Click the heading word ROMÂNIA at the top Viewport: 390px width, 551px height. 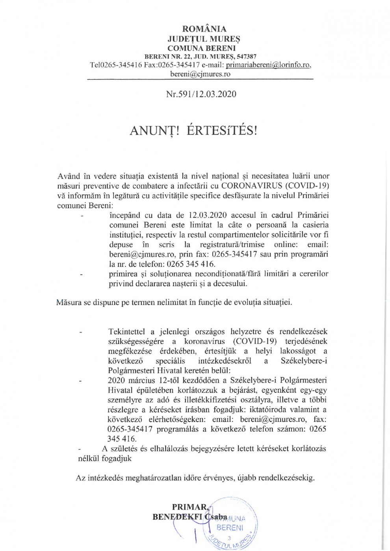click(204, 29)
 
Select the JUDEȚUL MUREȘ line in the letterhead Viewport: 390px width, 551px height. click(204, 39)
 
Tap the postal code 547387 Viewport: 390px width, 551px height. click(244, 57)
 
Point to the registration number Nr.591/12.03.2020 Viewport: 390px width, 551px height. click(201, 94)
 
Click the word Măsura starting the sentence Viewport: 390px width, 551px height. click(69, 303)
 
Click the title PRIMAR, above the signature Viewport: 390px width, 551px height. click(189, 507)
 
